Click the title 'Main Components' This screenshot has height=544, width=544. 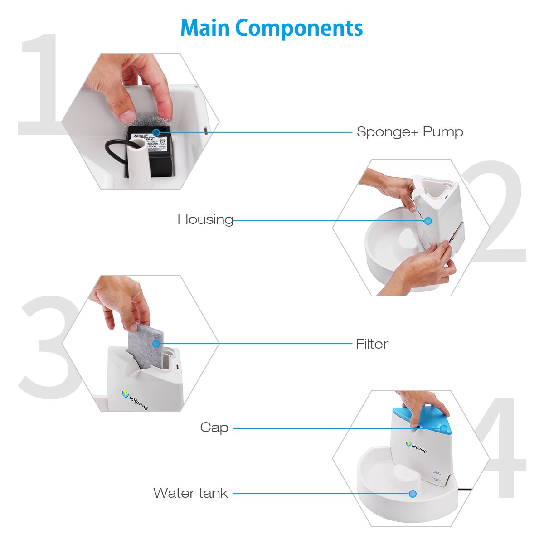pos(272,28)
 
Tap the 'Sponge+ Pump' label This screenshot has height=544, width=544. pos(409,132)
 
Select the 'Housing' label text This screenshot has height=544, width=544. pos(205,219)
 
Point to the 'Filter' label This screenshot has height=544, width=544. pos(372,344)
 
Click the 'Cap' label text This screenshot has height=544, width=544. pos(214,427)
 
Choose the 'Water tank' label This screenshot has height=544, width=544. pos(190,493)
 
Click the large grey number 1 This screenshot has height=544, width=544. pos(41,86)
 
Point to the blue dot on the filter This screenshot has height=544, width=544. pos(156,344)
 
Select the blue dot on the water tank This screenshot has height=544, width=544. pos(413,493)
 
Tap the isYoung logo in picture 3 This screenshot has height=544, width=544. pos(136,399)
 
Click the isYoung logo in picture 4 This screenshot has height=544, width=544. pos(416,447)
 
